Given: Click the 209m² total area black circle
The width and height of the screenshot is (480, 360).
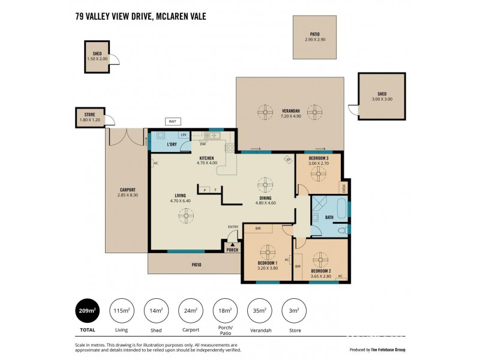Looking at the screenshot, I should pyautogui.click(x=87, y=310).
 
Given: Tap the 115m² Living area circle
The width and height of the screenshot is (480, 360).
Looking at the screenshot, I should pyautogui.click(x=121, y=310).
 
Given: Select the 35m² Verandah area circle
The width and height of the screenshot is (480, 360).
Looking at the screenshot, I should pyautogui.click(x=259, y=310).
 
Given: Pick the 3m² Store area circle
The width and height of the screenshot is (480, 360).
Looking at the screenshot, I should pyautogui.click(x=294, y=310).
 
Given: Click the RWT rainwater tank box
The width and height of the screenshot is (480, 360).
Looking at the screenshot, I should pyautogui.click(x=173, y=121).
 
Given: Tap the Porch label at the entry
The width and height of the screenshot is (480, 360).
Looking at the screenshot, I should pyautogui.click(x=232, y=250).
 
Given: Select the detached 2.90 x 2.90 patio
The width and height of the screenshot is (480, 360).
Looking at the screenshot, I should pyautogui.click(x=314, y=37).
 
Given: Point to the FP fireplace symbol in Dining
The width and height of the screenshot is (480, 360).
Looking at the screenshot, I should pyautogui.click(x=287, y=160).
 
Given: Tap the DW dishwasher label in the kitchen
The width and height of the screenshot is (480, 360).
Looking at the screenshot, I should pyautogui.click(x=203, y=144).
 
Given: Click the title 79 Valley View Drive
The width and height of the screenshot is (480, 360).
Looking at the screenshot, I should pyautogui.click(x=140, y=17).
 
